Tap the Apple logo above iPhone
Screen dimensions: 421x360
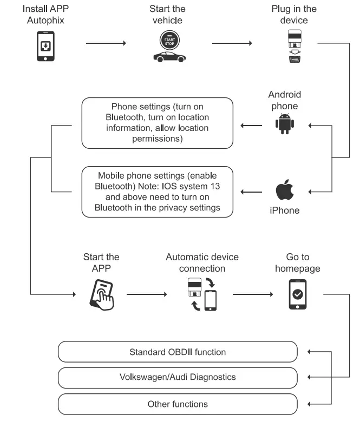tap(285, 190)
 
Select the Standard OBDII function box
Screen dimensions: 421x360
tap(178, 352)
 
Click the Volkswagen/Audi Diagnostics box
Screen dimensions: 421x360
tap(178, 377)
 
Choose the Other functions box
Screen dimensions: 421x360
tap(178, 404)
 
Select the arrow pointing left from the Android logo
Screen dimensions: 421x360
tap(250, 126)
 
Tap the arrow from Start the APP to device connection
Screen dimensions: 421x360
tap(147, 295)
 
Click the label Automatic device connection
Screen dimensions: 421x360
tap(202, 262)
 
